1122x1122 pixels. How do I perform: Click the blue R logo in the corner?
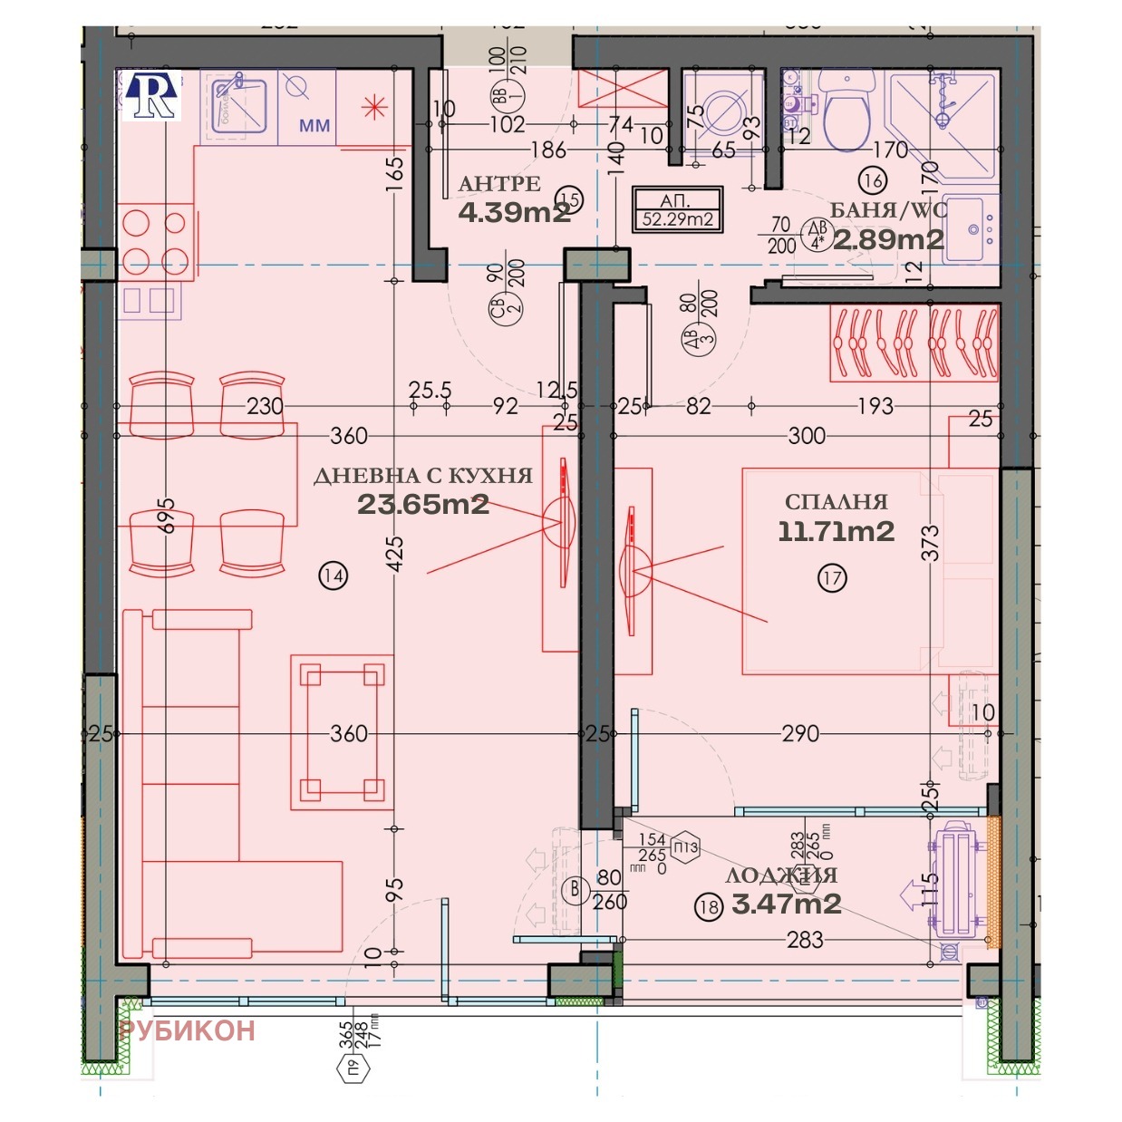[x=152, y=96]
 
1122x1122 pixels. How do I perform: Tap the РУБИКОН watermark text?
[x=187, y=1030]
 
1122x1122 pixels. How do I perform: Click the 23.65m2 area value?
[x=423, y=505]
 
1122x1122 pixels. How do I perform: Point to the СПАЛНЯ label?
[x=836, y=502]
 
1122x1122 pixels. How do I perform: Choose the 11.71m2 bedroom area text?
[x=836, y=531]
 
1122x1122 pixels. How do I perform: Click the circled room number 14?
[x=334, y=575]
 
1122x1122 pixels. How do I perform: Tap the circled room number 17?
[x=832, y=577]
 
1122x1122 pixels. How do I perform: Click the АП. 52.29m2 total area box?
[x=677, y=209]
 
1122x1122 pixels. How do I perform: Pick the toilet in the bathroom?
[x=846, y=104]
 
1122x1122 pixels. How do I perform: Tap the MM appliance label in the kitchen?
[x=314, y=126]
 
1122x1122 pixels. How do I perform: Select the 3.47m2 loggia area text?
[x=786, y=904]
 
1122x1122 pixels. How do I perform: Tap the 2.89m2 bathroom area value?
[x=888, y=239]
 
